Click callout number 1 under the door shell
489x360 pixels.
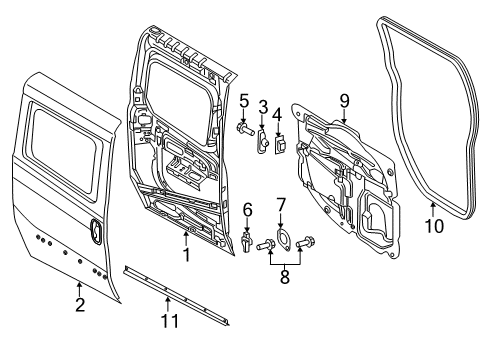coord(186,256)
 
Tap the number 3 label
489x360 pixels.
coord(263,106)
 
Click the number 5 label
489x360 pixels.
coord(243,99)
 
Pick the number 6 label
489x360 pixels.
coord(246,209)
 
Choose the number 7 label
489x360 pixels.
coord(281,204)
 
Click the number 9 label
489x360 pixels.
coord(343,100)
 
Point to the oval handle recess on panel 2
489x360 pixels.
coord(96,231)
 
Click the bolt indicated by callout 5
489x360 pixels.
coord(244,128)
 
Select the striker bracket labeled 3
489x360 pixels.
coord(262,142)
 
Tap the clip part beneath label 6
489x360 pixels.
coord(246,243)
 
